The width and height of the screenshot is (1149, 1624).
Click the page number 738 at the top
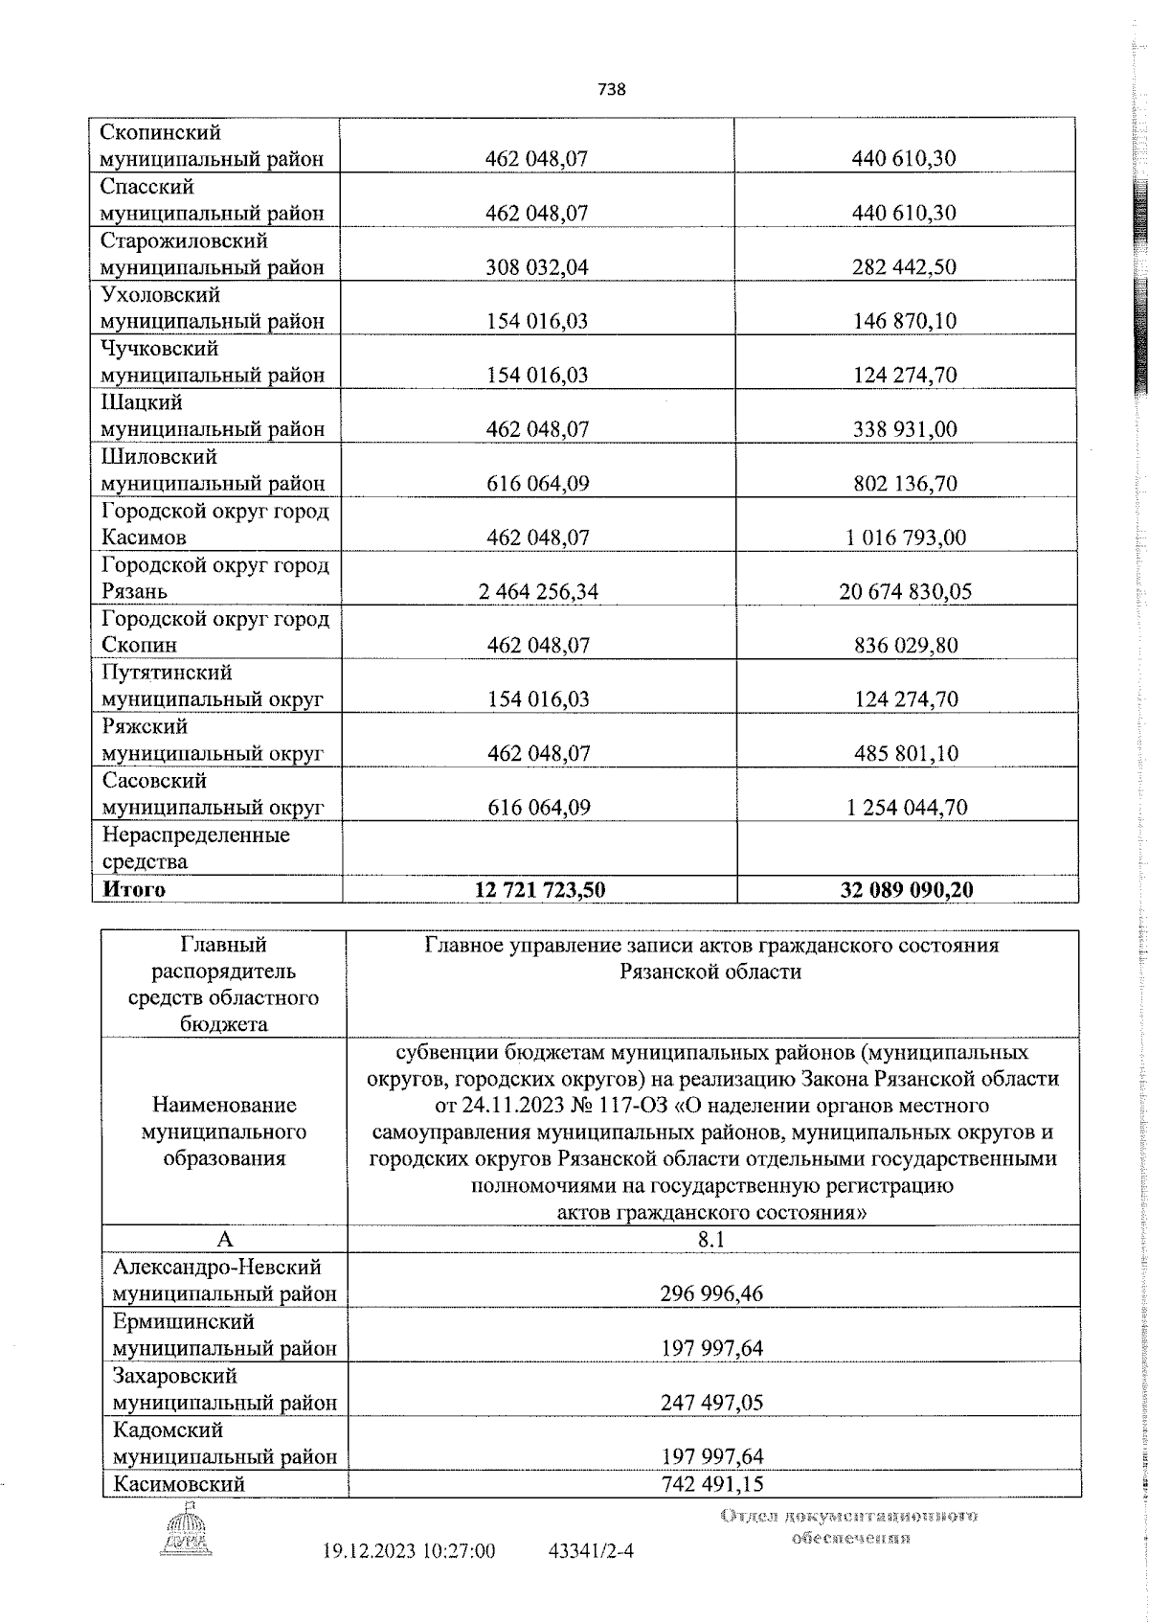pyautogui.click(x=612, y=89)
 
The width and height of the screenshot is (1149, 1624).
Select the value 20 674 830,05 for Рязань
pyautogui.click(x=905, y=591)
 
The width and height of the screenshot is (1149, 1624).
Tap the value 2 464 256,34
pyautogui.click(x=538, y=591)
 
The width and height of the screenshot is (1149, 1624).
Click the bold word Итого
pyautogui.click(x=134, y=889)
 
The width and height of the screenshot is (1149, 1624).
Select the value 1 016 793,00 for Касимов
pyautogui.click(x=905, y=538)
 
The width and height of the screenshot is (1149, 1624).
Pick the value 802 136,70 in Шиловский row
pyautogui.click(x=905, y=484)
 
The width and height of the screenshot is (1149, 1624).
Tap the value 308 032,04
pyautogui.click(x=538, y=267)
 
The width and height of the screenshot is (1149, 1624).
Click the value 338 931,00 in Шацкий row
pyautogui.click(x=905, y=429)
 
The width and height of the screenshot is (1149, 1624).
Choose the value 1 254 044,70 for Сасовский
pyautogui.click(x=905, y=807)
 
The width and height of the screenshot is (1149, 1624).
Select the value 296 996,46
pyautogui.click(x=711, y=1294)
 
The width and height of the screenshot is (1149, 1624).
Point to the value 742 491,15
pyautogui.click(x=711, y=1484)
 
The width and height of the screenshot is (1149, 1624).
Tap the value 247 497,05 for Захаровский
pyautogui.click(x=711, y=1403)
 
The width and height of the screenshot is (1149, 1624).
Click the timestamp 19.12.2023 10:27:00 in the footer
pyautogui.click(x=409, y=1550)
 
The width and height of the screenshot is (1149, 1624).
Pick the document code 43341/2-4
pyautogui.click(x=591, y=1550)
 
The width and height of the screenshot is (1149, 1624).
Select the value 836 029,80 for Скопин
pyautogui.click(x=905, y=646)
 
